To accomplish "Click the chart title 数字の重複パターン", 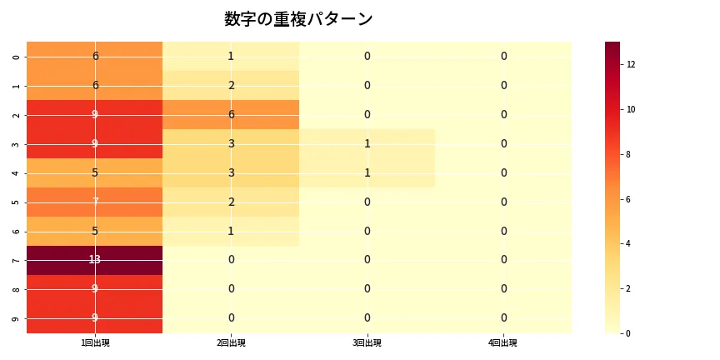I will (x=298, y=19).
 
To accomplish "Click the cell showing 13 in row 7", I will (x=95, y=260).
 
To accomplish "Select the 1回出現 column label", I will (x=95, y=343).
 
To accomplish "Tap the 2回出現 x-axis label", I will (x=231, y=343).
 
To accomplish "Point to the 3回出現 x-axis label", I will (x=367, y=343).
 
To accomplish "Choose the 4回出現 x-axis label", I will (x=503, y=343).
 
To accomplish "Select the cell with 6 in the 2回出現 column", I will (x=231, y=114).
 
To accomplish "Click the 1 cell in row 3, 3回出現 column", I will (x=367, y=143).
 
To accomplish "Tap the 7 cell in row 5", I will (x=95, y=202).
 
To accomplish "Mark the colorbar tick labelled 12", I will (x=631, y=64).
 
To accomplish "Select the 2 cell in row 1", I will (x=231, y=85).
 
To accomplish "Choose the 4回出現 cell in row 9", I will (x=503, y=318).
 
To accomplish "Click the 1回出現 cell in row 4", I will (x=95, y=172).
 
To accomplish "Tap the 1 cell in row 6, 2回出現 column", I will (x=231, y=231).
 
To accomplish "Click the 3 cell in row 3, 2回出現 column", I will (x=231, y=143).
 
